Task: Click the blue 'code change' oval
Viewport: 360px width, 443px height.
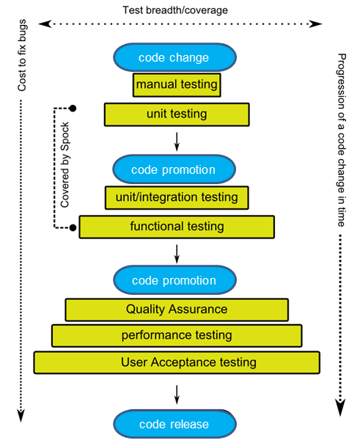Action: click(x=175, y=57)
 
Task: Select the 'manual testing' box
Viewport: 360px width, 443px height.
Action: click(x=177, y=85)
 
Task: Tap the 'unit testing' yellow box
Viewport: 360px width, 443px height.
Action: click(x=177, y=114)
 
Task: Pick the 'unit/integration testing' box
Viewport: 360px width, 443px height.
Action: click(x=177, y=197)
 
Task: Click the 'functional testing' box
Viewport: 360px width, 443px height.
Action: click(x=177, y=227)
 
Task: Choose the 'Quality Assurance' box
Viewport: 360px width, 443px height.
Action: click(x=177, y=310)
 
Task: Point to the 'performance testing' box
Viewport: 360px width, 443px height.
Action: click(x=177, y=336)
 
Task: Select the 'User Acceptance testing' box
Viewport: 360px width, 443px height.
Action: click(x=177, y=362)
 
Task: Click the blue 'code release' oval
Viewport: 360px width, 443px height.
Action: click(x=175, y=424)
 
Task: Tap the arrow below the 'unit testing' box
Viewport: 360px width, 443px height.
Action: click(x=177, y=142)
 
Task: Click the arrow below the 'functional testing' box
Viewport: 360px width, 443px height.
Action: click(x=177, y=254)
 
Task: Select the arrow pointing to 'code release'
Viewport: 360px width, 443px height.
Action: click(x=177, y=395)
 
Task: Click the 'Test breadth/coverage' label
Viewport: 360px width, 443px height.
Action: click(x=175, y=10)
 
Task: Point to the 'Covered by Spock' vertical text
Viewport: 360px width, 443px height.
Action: click(x=65, y=165)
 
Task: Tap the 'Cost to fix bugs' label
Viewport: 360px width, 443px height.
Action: click(x=22, y=56)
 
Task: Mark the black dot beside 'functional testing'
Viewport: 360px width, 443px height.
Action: click(x=73, y=227)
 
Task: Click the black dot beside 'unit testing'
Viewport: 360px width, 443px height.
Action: click(x=73, y=109)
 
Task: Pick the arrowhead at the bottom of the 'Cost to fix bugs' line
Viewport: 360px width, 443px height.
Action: click(x=21, y=416)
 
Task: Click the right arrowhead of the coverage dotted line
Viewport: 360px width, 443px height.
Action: click(x=315, y=24)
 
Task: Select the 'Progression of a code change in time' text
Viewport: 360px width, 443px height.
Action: click(x=342, y=140)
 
